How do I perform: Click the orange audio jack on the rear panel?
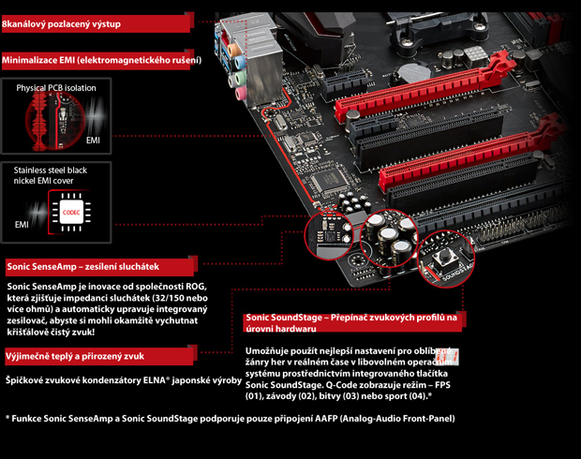[233, 50]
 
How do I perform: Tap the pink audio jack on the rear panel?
[241, 94]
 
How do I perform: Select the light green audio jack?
[238, 79]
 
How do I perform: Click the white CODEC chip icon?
[71, 213]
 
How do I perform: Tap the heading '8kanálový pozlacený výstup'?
[62, 24]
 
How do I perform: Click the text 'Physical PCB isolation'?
[56, 88]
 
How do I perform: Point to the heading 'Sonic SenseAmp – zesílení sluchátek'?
[83, 267]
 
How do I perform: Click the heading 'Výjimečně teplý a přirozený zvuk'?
[74, 356]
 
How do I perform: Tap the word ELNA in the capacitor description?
[154, 380]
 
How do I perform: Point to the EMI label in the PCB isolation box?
[93, 141]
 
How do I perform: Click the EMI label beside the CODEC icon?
[22, 225]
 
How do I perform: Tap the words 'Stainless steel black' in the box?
[51, 170]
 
